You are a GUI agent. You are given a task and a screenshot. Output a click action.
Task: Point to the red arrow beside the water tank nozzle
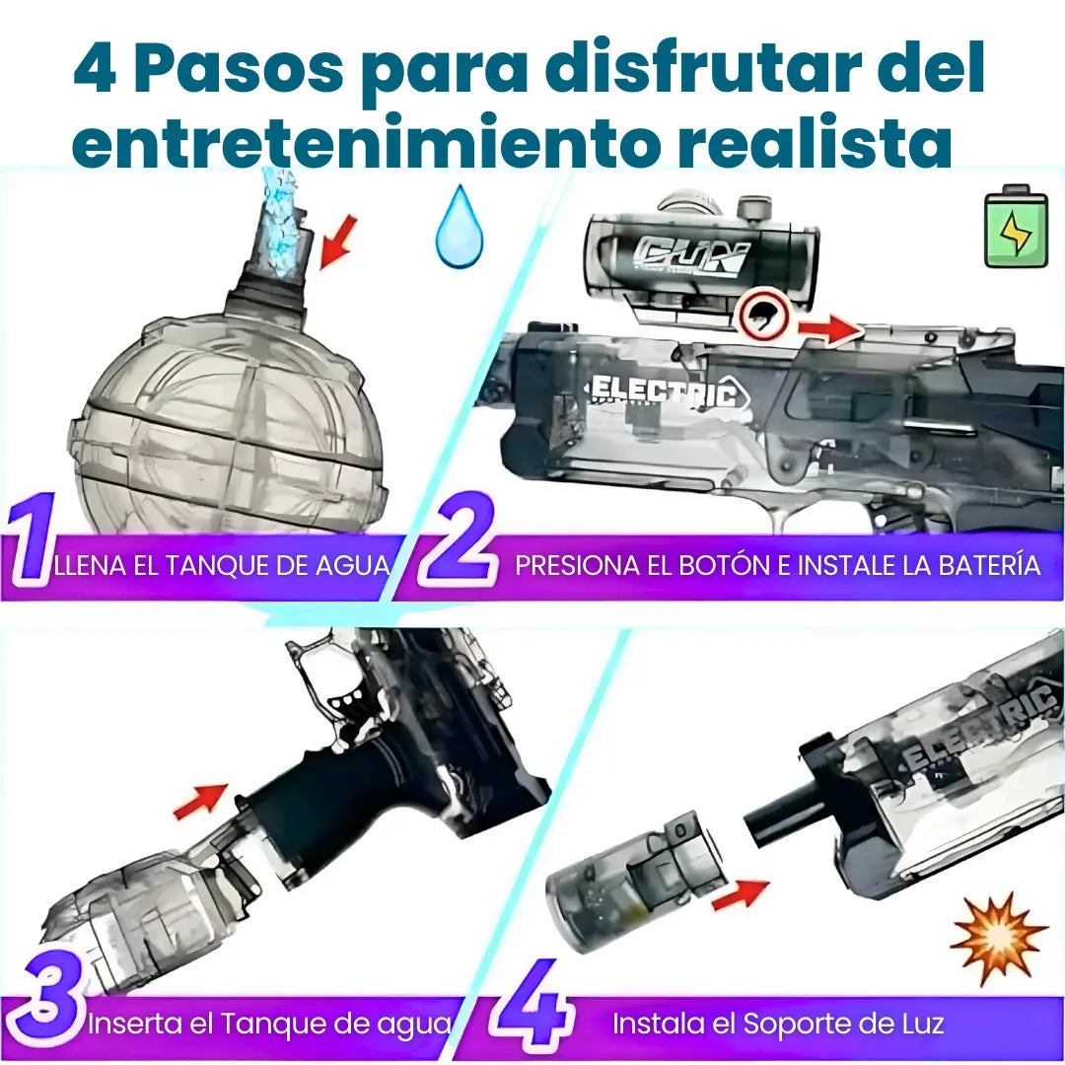pyautogui.click(x=337, y=242)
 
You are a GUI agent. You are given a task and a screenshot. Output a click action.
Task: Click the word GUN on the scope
pyautogui.click(x=690, y=257)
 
